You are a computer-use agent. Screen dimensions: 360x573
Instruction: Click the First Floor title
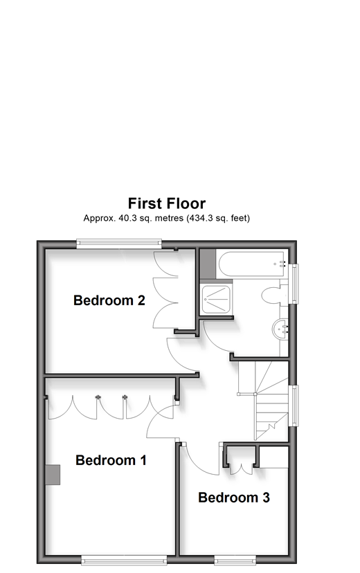[167, 203]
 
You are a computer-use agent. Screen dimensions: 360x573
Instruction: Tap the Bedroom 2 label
[109, 300]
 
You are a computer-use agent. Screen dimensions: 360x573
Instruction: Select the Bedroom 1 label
[111, 460]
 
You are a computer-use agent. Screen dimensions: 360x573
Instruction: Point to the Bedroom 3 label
[234, 498]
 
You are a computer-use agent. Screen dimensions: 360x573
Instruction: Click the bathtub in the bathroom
[252, 264]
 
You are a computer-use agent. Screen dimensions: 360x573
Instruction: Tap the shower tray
[216, 300]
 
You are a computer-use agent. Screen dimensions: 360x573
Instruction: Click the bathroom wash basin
[280, 330]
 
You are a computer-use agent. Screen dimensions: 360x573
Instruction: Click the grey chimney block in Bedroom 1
[53, 475]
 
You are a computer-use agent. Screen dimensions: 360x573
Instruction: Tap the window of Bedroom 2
[119, 244]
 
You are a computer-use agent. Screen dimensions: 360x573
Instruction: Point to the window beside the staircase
[293, 406]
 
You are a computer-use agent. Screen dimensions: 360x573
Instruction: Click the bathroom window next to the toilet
[293, 284]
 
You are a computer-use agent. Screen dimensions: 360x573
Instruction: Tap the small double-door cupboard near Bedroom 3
[240, 460]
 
